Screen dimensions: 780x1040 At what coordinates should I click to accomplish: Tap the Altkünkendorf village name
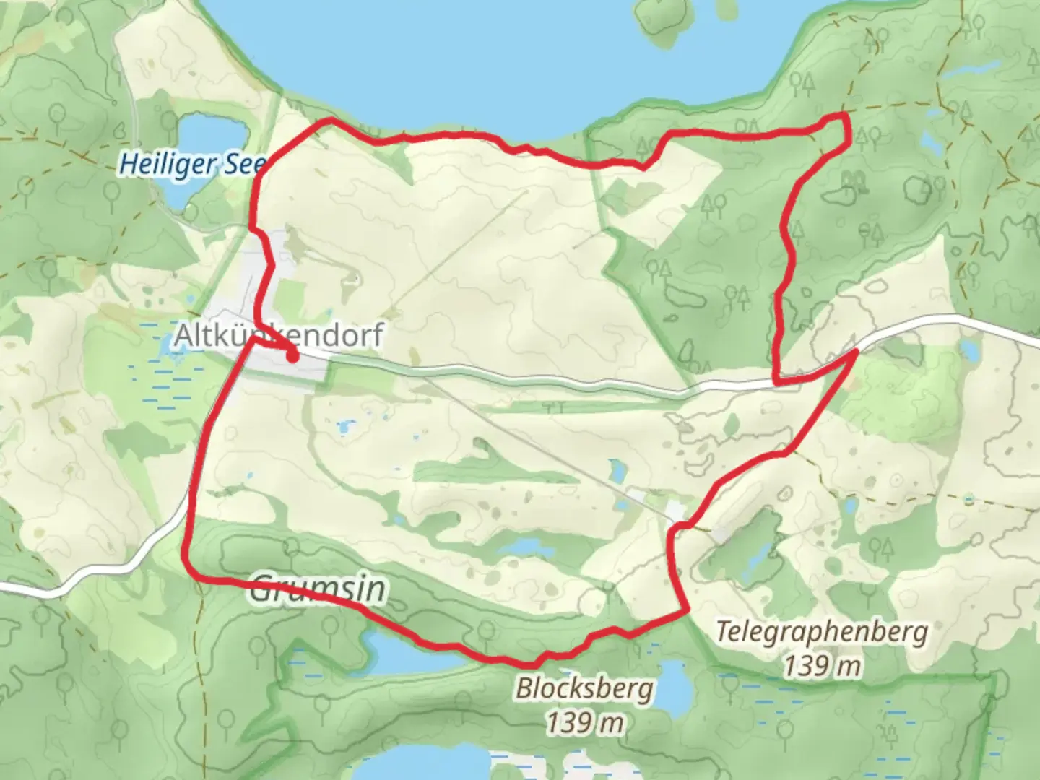point(279,336)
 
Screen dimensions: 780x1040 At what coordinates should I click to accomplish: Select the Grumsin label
point(318,589)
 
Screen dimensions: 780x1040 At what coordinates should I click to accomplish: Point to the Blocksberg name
point(584,688)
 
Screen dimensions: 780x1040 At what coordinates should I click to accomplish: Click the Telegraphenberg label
point(822,633)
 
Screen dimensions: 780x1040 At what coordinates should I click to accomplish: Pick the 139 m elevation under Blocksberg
point(584,721)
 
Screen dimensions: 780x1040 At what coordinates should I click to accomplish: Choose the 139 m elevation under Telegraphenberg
point(822,666)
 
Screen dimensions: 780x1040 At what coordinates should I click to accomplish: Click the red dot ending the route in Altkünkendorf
point(292,355)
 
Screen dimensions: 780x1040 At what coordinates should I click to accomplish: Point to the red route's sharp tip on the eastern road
point(857,352)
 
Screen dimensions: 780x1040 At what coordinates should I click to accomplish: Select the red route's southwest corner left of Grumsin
point(192,575)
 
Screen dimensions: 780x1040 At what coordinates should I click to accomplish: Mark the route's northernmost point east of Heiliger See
point(331,120)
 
